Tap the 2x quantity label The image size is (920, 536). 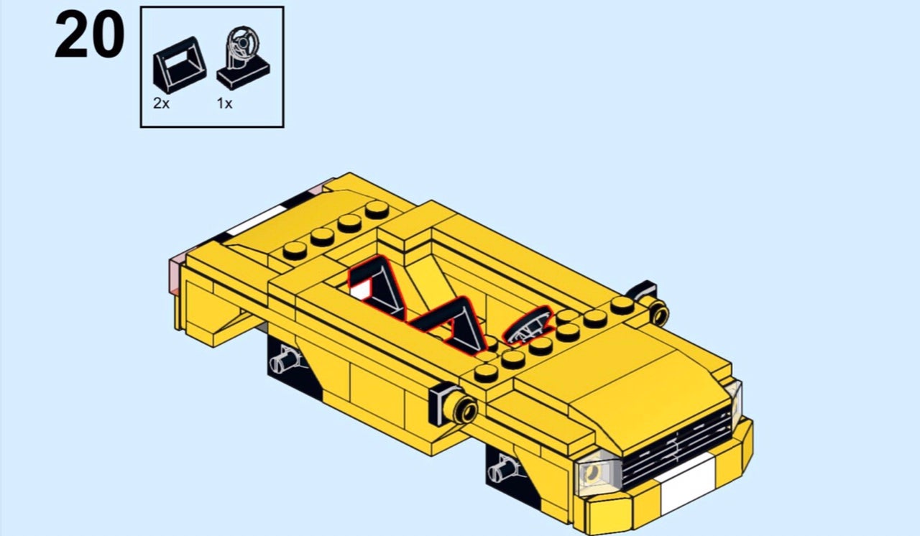click(162, 103)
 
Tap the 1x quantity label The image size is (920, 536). click(225, 103)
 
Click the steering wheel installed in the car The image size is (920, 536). click(528, 325)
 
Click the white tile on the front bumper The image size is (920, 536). click(687, 484)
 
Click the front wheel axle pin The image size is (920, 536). click(502, 471)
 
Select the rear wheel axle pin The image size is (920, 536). click(284, 359)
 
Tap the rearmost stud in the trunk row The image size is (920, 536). click(377, 209)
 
